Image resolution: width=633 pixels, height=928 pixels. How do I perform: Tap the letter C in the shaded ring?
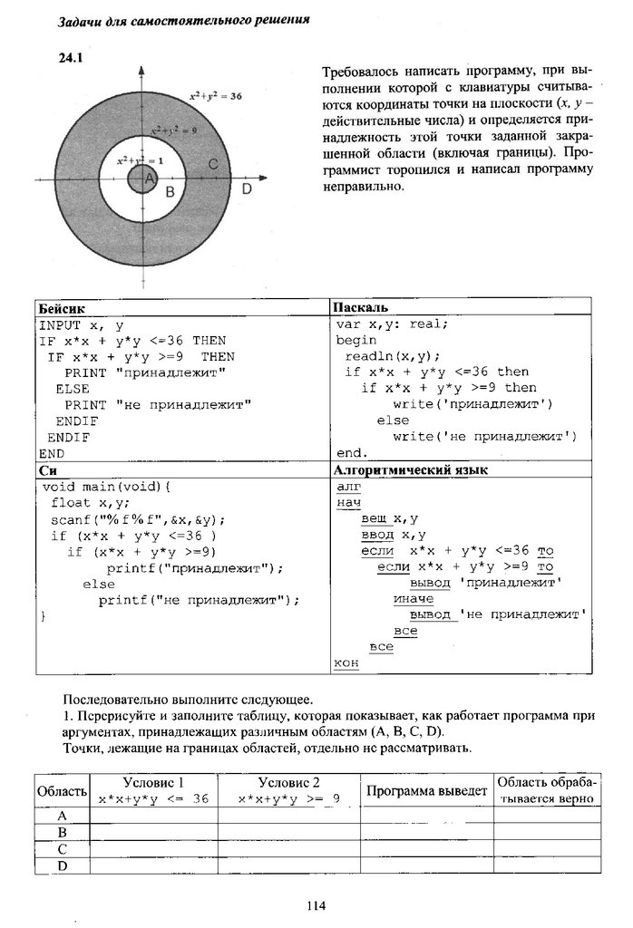tap(212, 164)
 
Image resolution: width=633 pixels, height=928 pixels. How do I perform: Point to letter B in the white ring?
tap(169, 191)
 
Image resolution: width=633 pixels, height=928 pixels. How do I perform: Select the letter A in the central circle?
tap(149, 180)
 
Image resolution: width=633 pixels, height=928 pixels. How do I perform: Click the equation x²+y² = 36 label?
tap(214, 95)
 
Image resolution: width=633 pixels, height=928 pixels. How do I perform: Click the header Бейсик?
tap(60, 308)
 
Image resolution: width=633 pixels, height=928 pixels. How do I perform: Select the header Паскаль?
tap(360, 307)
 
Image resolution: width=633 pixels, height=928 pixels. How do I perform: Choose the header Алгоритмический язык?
tap(411, 470)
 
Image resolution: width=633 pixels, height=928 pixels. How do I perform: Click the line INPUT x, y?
tap(83, 324)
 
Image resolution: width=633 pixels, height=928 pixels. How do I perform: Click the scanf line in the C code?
tap(137, 519)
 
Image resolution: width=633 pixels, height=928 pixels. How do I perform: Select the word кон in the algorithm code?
tap(346, 663)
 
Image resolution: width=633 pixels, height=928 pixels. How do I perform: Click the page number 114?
tap(316, 904)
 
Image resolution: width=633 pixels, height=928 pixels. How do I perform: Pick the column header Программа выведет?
tap(426, 791)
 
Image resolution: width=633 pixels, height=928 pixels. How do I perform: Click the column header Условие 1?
tap(152, 783)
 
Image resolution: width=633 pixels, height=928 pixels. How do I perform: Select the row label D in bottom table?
tap(63, 865)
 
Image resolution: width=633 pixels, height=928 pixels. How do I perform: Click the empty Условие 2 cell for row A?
tap(288, 816)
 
